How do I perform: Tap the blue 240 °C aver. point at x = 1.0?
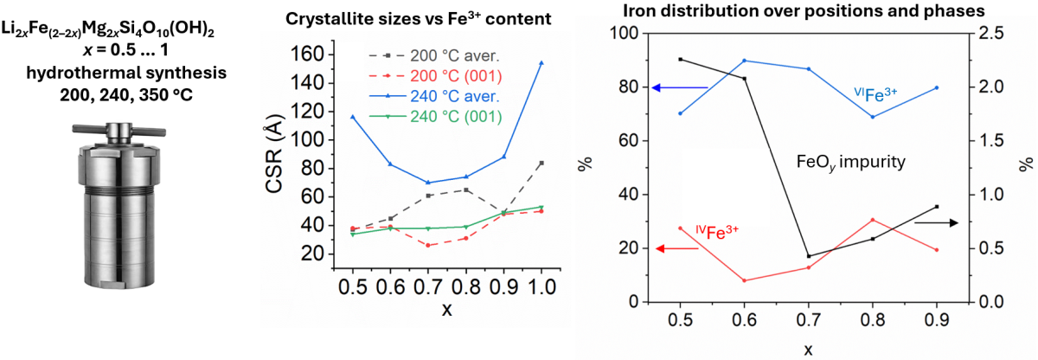(x=541, y=62)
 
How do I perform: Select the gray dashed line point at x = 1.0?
(x=541, y=163)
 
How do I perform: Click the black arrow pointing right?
(x=935, y=223)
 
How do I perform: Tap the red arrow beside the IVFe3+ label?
(x=680, y=248)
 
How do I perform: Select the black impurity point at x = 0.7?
(x=808, y=256)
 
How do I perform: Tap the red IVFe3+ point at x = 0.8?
(x=872, y=220)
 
